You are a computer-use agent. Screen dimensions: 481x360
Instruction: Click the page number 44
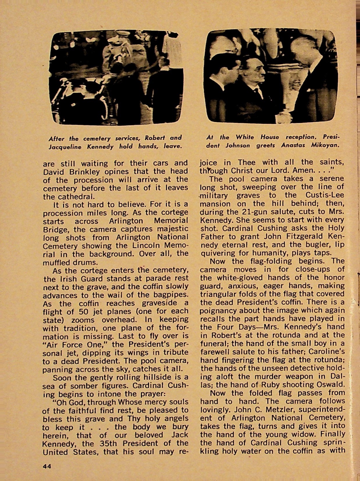tap(47, 466)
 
